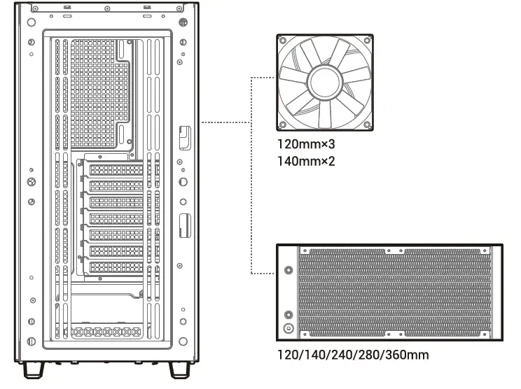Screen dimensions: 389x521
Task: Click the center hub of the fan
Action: point(324,82)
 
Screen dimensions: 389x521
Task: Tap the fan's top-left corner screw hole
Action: point(282,41)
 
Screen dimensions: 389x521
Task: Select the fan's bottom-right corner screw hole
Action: point(368,125)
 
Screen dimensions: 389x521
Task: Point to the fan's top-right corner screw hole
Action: point(368,41)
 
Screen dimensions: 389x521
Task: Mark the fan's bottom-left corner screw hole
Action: point(282,125)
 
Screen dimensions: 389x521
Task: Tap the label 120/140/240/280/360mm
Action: point(353,355)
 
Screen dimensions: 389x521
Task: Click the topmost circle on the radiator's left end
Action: point(289,269)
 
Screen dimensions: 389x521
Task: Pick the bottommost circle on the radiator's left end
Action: point(289,327)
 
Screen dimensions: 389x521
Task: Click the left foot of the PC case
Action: point(32,369)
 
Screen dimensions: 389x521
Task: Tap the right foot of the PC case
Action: point(177,369)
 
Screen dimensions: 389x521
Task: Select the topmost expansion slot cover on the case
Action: point(116,170)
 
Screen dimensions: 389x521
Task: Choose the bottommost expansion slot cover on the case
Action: point(116,267)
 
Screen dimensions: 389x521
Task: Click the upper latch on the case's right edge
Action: point(183,136)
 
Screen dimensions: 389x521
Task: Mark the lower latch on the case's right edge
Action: point(183,224)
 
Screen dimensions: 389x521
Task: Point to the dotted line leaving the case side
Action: point(225,123)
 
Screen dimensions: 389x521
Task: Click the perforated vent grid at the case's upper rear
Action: point(91,91)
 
